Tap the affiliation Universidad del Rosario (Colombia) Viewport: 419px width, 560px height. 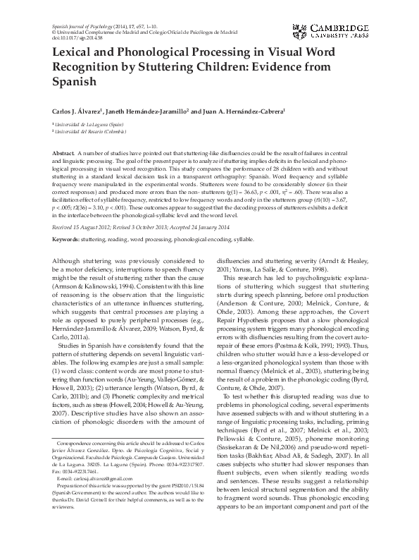92,131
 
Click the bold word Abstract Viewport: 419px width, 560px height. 65,152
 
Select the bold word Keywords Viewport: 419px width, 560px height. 68,220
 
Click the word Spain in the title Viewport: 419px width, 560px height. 74,83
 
